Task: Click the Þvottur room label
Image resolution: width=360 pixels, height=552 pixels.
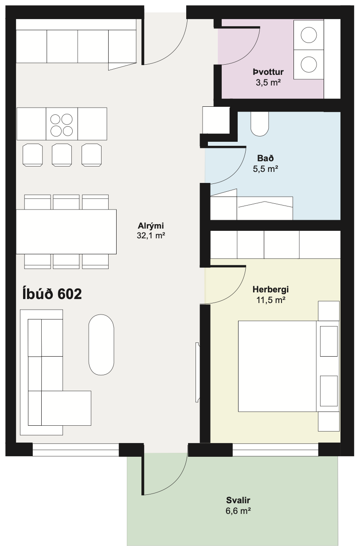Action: [x=268, y=72]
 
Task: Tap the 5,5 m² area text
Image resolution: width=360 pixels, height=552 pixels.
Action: [x=266, y=169]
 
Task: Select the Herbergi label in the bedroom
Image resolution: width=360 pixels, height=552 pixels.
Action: [x=270, y=289]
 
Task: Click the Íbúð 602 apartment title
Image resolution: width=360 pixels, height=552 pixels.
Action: [x=52, y=294]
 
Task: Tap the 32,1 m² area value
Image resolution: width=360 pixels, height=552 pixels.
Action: [x=151, y=236]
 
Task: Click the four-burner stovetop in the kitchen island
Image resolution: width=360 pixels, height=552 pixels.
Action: [x=62, y=124]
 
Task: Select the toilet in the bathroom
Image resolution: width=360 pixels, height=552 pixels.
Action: [x=260, y=124]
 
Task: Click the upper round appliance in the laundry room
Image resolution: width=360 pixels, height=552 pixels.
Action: [x=309, y=35]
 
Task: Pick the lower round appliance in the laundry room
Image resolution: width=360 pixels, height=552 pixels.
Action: [x=309, y=65]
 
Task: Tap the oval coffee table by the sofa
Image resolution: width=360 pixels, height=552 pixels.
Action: [x=102, y=345]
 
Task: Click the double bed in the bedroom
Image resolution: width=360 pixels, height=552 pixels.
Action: [x=289, y=366]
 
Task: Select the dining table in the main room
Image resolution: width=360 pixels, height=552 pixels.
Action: [x=66, y=232]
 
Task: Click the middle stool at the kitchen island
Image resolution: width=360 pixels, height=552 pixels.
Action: [x=62, y=155]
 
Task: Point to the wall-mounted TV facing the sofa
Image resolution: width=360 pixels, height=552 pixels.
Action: [x=197, y=372]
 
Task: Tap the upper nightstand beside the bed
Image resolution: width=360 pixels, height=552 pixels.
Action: [x=329, y=311]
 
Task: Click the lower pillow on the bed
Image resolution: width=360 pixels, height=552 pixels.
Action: [x=329, y=391]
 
